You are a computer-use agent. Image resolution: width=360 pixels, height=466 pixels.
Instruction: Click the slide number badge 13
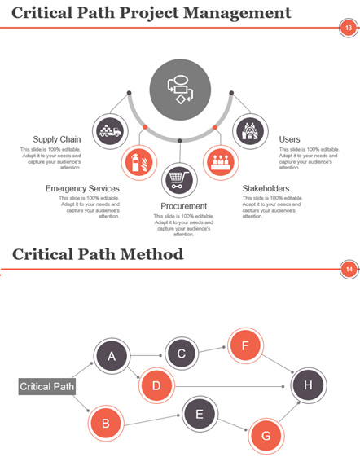pyautogui.click(x=348, y=28)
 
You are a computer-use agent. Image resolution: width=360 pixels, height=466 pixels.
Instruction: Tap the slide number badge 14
pyautogui.click(x=349, y=270)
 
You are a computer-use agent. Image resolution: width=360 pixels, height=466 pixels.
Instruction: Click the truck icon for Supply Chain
pyautogui.click(x=110, y=131)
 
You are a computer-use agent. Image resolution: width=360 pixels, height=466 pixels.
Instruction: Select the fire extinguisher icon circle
pyautogui.click(x=139, y=163)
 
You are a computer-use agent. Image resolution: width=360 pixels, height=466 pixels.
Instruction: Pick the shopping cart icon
pyautogui.click(x=180, y=180)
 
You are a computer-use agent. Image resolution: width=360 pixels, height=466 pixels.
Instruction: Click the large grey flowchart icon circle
pyautogui.click(x=180, y=90)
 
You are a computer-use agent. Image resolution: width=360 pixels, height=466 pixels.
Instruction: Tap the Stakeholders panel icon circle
pyautogui.click(x=221, y=163)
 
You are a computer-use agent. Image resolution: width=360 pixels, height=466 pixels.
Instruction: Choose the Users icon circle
pyautogui.click(x=250, y=131)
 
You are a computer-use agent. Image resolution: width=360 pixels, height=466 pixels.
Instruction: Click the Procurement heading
pyautogui.click(x=183, y=206)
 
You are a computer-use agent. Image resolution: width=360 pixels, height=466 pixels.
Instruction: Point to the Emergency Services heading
pyautogui.click(x=82, y=188)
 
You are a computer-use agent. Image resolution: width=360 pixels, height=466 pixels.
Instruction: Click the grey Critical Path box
pyautogui.click(x=47, y=386)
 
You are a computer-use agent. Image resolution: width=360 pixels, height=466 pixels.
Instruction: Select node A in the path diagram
pyautogui.click(x=112, y=356)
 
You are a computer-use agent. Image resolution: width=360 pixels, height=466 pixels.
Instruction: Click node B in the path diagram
pyautogui.click(x=105, y=423)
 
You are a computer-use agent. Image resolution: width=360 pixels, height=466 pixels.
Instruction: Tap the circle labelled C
pyautogui.click(x=182, y=354)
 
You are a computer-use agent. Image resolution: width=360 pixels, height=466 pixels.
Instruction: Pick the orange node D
pyautogui.click(x=156, y=385)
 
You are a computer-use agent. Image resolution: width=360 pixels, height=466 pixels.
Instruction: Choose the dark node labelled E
pyautogui.click(x=200, y=414)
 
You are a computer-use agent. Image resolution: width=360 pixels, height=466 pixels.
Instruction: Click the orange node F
pyautogui.click(x=245, y=345)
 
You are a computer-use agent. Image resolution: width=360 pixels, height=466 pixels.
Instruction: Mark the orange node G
pyautogui.click(x=266, y=436)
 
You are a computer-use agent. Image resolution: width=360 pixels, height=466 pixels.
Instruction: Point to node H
pyautogui.click(x=309, y=385)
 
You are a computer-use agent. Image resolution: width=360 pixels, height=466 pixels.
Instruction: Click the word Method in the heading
pyautogui.click(x=151, y=254)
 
